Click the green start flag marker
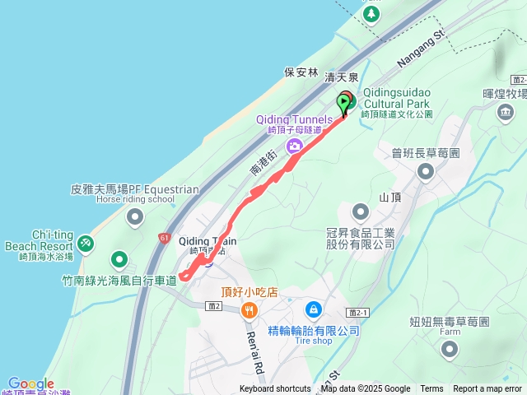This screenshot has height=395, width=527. [x=343, y=105]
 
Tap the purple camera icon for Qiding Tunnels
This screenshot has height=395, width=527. [x=294, y=146]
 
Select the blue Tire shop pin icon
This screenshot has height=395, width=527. [x=313, y=309]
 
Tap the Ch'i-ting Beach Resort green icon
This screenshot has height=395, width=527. [x=86, y=243]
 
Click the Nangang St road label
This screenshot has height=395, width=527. [x=420, y=49]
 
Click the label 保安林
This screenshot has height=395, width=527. [x=301, y=72]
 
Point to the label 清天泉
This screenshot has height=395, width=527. [x=342, y=77]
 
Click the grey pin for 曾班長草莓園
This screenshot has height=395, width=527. [x=425, y=171]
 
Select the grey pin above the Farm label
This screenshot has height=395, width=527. [x=449, y=350]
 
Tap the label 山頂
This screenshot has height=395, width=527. [x=390, y=198]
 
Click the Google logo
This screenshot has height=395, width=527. [x=31, y=384]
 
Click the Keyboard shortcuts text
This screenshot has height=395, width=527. [x=275, y=389]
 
